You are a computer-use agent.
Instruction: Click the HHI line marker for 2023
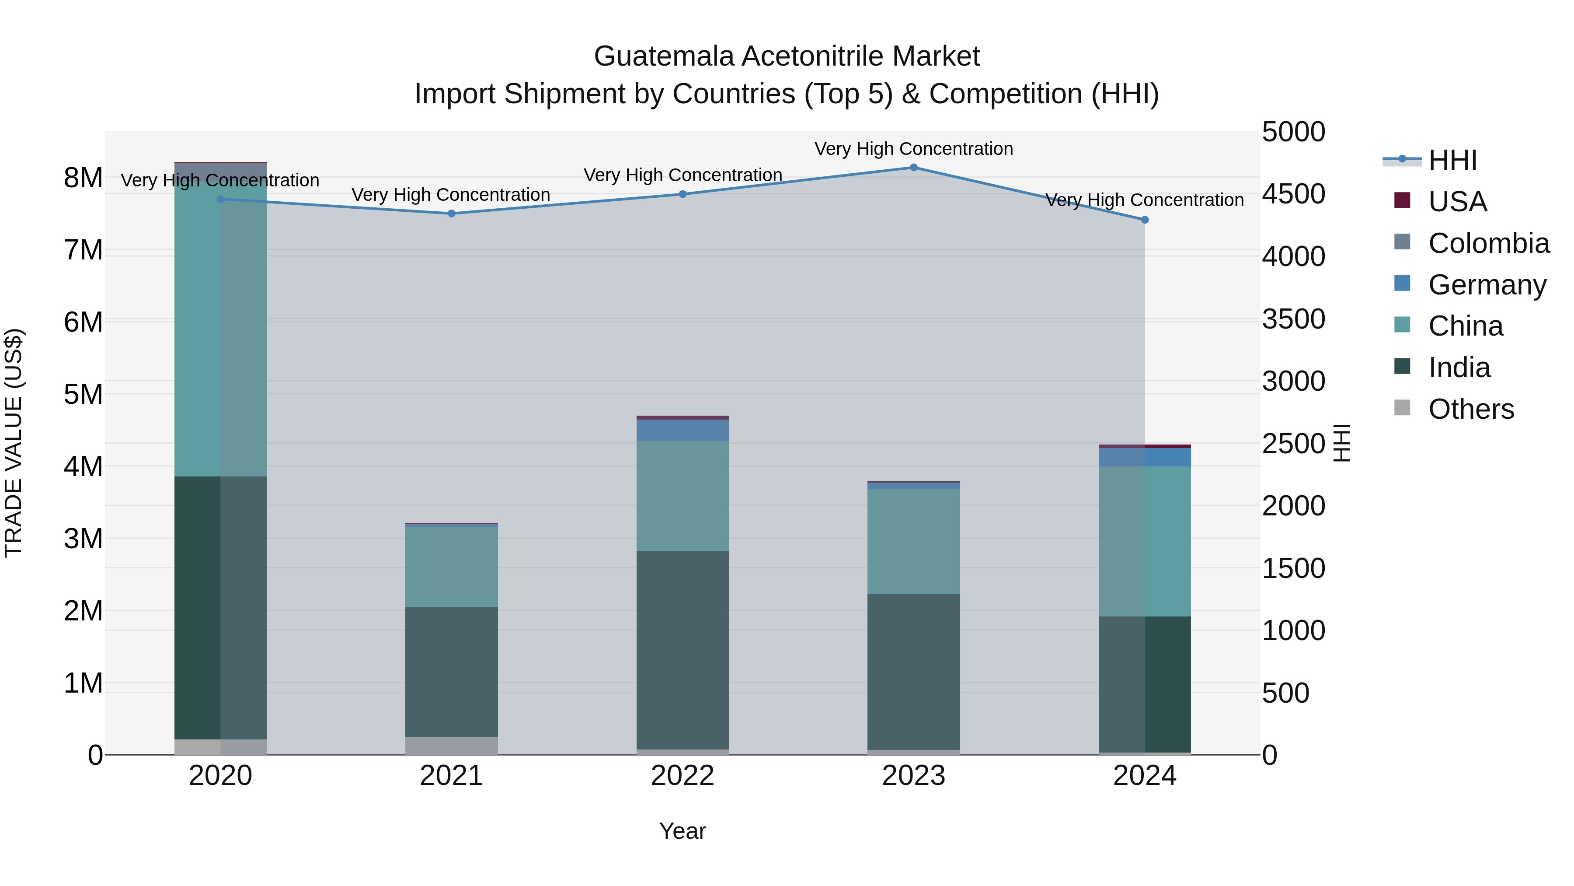[913, 167]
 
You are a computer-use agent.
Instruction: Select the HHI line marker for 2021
[452, 214]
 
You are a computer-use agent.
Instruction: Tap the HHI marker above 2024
[1145, 220]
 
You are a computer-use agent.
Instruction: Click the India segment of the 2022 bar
[683, 650]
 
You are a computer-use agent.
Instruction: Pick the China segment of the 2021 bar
[452, 566]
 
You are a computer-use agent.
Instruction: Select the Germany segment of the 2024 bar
[1145, 457]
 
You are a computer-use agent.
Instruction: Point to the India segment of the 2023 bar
[913, 671]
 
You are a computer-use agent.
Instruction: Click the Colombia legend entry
[1488, 243]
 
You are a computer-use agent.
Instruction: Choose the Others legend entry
[1471, 409]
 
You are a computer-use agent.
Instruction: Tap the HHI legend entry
[1452, 160]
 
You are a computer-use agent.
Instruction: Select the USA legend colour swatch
[1402, 200]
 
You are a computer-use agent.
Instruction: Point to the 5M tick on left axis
[84, 394]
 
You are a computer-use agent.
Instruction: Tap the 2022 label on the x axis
[683, 776]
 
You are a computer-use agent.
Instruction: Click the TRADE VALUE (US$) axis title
[14, 443]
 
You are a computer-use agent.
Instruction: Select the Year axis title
[683, 831]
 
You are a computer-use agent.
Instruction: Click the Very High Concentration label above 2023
[913, 149]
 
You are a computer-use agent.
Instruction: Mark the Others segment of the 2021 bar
[452, 746]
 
